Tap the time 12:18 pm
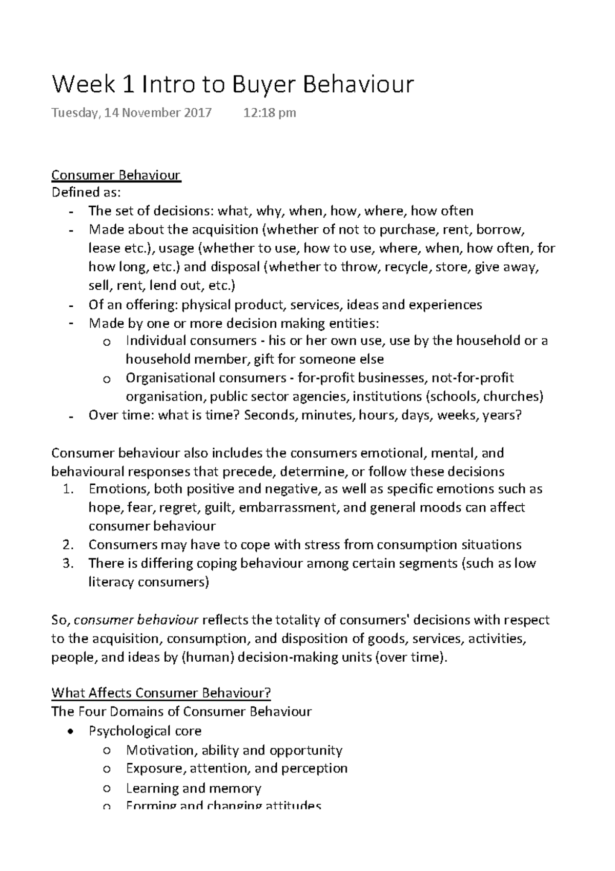tap(270, 113)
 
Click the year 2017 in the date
tap(198, 113)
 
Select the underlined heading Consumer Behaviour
tap(116, 175)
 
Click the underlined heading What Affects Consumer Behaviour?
tap(161, 693)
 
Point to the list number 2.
tap(68, 545)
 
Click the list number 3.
tap(68, 564)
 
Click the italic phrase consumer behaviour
tap(136, 620)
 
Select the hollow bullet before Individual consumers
tap(106, 343)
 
